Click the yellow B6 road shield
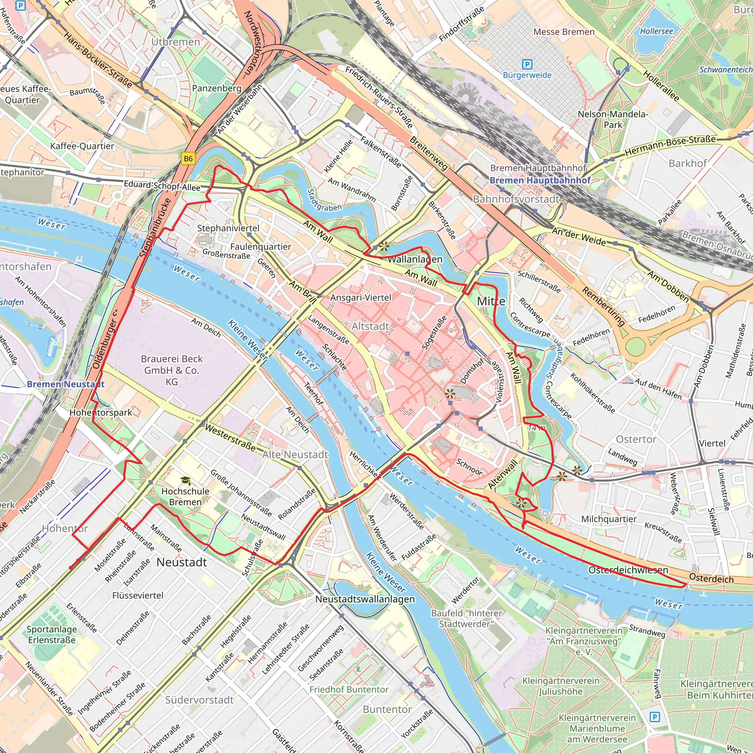pos(188,158)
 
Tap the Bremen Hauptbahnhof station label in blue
pos(540,181)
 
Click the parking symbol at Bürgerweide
pos(527,64)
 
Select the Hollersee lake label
pos(656,31)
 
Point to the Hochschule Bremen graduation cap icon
pos(186,481)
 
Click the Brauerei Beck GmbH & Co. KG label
pos(171,370)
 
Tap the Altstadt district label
pos(370,326)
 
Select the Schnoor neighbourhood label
pos(469,467)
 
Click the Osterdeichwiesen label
pos(628,570)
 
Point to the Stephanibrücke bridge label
pos(156,228)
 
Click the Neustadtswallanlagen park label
pos(365,599)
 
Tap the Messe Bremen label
pos(564,32)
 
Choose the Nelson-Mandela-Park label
pos(613,119)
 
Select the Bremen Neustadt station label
pos(65,384)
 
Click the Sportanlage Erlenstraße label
pos(51,635)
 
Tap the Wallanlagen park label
pos(415,259)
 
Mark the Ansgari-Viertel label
pos(361,298)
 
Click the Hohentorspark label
pos(100,413)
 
